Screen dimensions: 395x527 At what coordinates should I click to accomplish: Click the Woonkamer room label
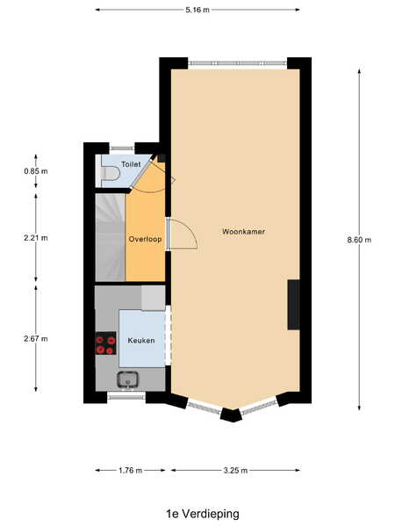tap(243, 232)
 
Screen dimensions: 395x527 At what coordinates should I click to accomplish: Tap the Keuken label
tap(141, 341)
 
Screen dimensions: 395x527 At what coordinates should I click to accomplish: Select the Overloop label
tap(145, 239)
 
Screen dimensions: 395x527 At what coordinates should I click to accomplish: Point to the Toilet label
tap(131, 164)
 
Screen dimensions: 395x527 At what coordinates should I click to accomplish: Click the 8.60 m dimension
tap(359, 240)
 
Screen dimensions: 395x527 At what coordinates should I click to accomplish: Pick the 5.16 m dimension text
tap(197, 10)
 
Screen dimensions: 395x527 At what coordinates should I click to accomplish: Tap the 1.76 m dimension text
tap(130, 471)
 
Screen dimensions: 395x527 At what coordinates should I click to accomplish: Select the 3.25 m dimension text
tap(235, 471)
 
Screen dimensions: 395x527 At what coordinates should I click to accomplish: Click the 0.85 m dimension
tap(36, 171)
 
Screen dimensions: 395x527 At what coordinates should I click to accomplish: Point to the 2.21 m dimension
tap(36, 238)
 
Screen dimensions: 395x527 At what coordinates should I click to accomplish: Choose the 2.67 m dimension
tap(36, 339)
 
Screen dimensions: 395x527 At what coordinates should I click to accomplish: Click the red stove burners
tap(106, 343)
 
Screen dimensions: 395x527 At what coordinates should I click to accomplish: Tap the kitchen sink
tap(127, 379)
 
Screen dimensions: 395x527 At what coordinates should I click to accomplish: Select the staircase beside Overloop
tap(111, 237)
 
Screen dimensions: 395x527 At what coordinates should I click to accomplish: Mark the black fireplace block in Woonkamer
tap(293, 305)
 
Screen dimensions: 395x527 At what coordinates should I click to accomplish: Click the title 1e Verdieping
tap(203, 514)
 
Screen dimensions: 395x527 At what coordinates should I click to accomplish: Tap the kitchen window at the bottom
tap(126, 397)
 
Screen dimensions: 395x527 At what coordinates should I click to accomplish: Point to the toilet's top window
tap(122, 148)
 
